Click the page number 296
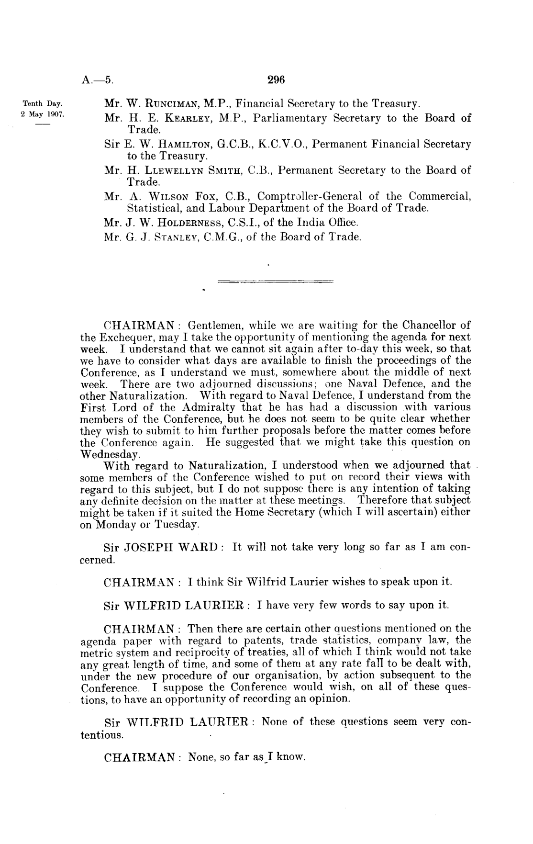pos(276,80)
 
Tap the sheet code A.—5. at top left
pos(97,80)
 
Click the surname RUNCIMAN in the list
pos(167,103)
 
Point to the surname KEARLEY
pos(171,118)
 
